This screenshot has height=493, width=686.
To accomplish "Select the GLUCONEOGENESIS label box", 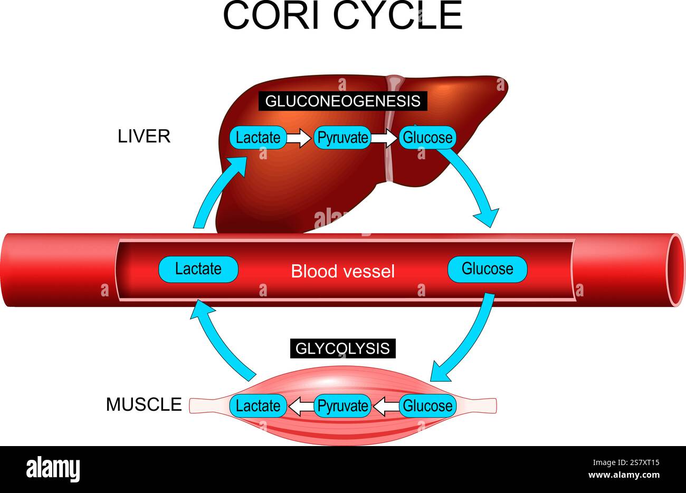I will (x=342, y=101).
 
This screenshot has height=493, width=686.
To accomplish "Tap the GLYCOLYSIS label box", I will (x=342, y=349).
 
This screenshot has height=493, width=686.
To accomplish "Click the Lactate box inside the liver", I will (x=258, y=138).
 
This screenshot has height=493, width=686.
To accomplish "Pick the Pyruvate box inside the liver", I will (x=342, y=138).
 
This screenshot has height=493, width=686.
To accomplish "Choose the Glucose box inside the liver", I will (x=427, y=138).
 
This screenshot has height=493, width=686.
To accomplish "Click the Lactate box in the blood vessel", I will (x=198, y=269).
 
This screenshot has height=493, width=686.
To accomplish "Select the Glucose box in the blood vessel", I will (x=487, y=269).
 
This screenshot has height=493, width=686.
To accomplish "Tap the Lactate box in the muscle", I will (x=258, y=406).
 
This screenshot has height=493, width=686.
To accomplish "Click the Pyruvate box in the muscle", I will (x=342, y=406).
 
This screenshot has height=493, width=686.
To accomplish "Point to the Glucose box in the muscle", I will (x=427, y=406).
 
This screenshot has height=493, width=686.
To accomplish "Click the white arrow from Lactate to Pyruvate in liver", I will (x=300, y=139).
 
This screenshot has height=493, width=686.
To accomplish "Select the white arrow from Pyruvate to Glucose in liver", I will (x=384, y=139).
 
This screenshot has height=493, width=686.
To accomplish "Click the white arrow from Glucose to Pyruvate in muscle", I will (x=385, y=406).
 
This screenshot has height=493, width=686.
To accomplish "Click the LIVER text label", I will (x=144, y=136).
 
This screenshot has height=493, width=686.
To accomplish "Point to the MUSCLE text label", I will (x=144, y=405).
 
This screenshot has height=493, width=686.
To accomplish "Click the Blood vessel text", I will (x=342, y=272).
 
